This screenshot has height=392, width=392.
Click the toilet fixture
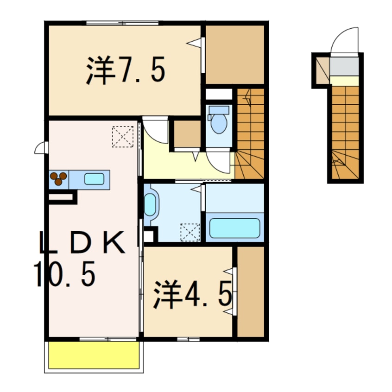218,120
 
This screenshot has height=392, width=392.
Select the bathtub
234,228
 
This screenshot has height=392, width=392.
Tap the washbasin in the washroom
150,204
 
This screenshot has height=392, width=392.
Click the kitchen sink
94,178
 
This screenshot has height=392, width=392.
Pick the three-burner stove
58,178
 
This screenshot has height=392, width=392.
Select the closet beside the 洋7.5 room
234,55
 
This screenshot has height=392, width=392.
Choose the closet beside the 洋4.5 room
250,292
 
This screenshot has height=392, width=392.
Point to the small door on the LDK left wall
41,148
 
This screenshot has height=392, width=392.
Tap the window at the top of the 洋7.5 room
122,23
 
